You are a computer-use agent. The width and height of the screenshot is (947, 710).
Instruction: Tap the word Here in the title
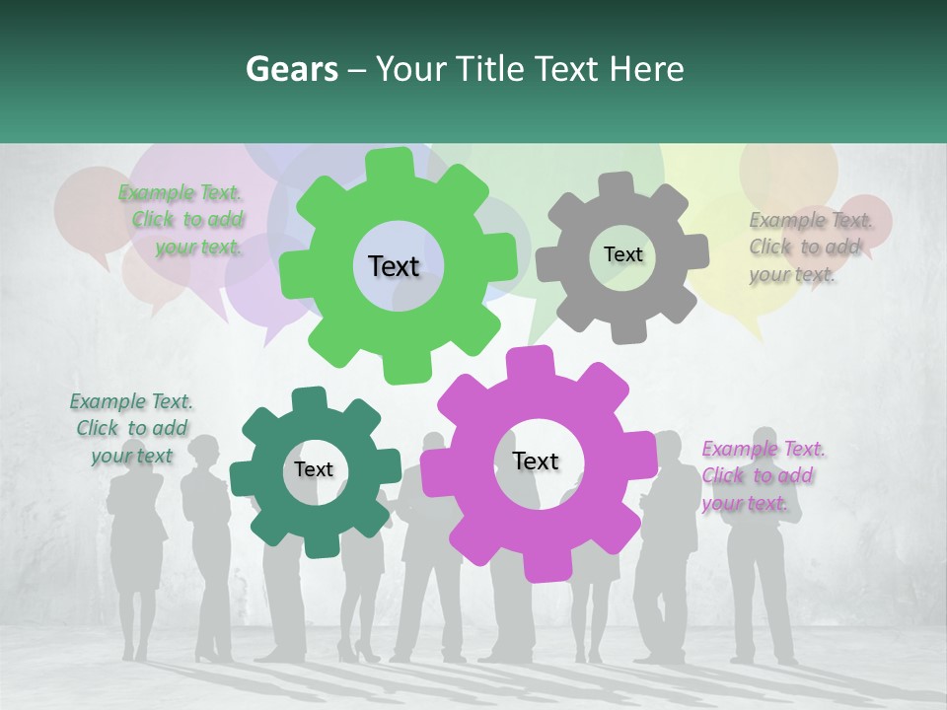646,69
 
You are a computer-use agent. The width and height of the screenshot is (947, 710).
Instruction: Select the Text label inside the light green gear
394,266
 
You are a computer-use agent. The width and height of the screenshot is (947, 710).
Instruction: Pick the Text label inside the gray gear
622,254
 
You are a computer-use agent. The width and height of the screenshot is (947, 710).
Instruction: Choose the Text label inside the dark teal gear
314,469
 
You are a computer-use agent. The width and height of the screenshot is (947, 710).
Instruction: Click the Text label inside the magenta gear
536,461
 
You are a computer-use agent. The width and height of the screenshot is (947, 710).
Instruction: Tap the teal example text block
131,428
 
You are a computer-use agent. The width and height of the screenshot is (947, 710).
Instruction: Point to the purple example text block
762,475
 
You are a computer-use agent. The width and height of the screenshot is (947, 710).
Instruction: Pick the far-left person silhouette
136,552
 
